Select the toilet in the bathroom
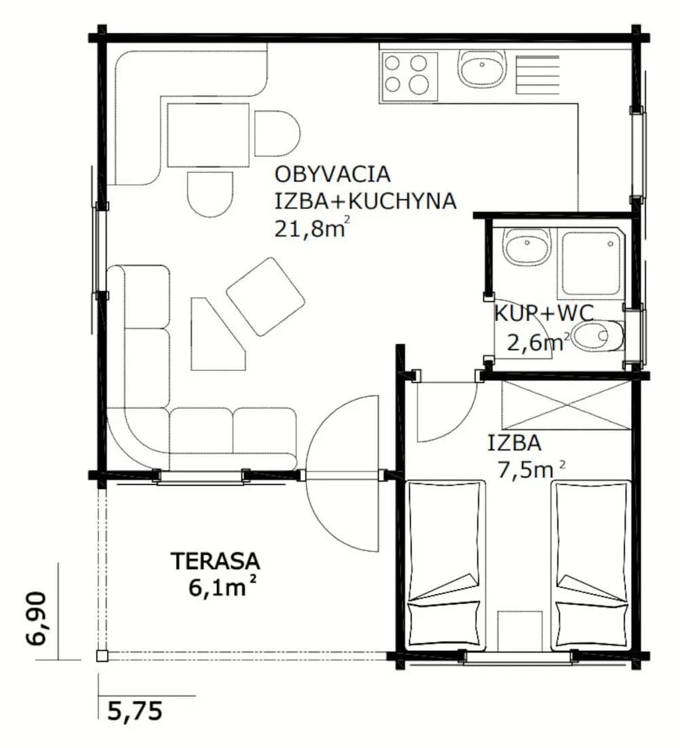(598, 337)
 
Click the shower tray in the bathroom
(592, 264)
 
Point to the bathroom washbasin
(527, 247)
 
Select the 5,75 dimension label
(135, 711)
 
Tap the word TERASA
(216, 561)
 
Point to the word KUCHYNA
(403, 201)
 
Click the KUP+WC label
(543, 313)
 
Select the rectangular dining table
(208, 135)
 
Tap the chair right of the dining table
(277, 133)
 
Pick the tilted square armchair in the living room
(265, 296)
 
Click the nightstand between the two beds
(520, 630)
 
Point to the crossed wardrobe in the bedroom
(566, 405)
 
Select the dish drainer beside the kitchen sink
(537, 71)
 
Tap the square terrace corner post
(101, 656)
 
